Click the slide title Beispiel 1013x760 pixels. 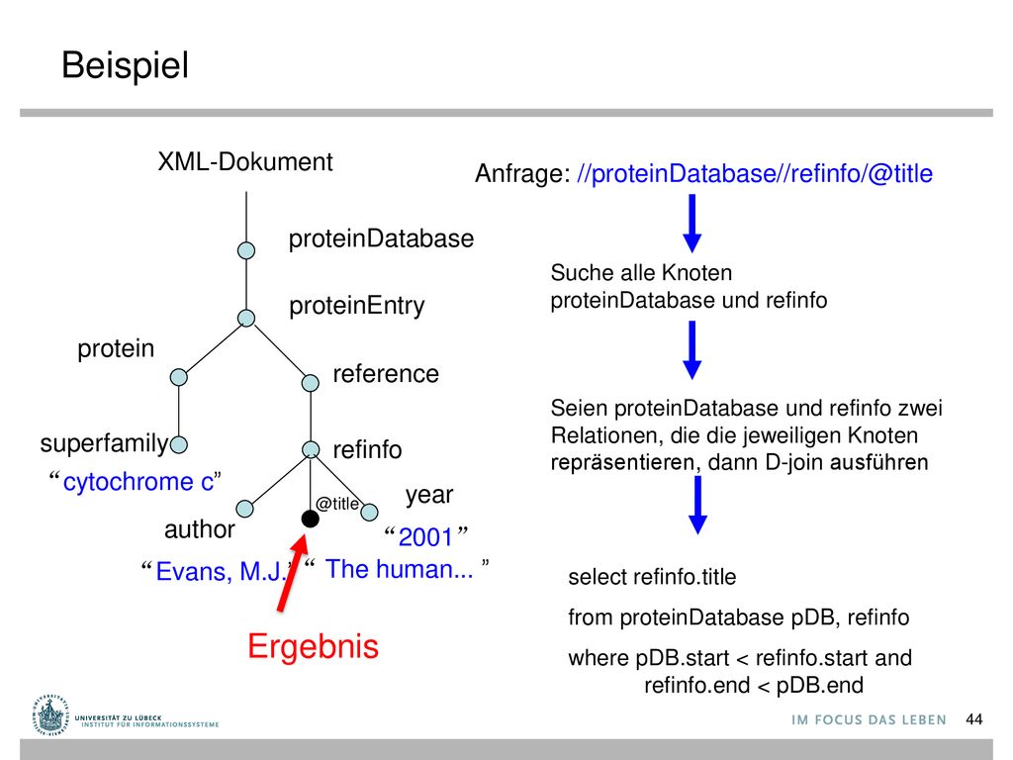[126, 66]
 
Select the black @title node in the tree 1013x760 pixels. [310, 519]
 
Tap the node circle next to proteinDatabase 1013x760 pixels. [246, 250]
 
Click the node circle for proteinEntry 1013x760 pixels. [246, 318]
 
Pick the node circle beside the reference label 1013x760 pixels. [310, 383]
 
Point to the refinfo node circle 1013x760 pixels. [311, 449]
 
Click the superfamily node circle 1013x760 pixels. [179, 444]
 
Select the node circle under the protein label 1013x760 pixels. [179, 377]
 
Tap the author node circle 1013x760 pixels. [245, 509]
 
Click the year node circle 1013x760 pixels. [369, 513]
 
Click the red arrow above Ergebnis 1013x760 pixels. [291, 572]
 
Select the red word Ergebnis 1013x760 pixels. [314, 646]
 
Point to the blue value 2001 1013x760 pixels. [425, 537]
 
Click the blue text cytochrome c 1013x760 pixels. [138, 482]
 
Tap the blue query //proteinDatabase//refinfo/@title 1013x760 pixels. [755, 173]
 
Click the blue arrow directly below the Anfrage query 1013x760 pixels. [691, 223]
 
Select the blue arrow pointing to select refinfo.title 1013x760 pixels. [697, 505]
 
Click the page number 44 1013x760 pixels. [974, 719]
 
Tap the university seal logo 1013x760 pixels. [50, 714]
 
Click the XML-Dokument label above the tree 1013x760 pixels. [245, 161]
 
